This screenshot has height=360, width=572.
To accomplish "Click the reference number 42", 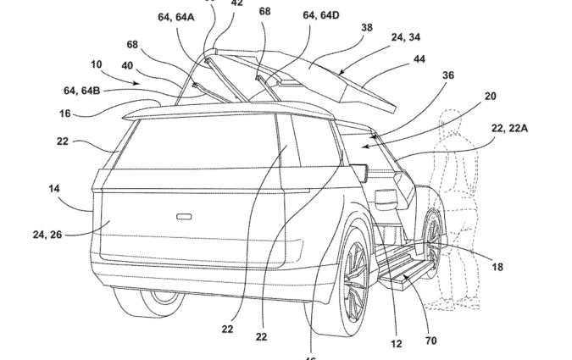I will (x=237, y=3).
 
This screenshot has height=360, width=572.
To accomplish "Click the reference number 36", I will (x=447, y=75).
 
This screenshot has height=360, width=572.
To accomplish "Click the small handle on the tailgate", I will (x=183, y=217).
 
